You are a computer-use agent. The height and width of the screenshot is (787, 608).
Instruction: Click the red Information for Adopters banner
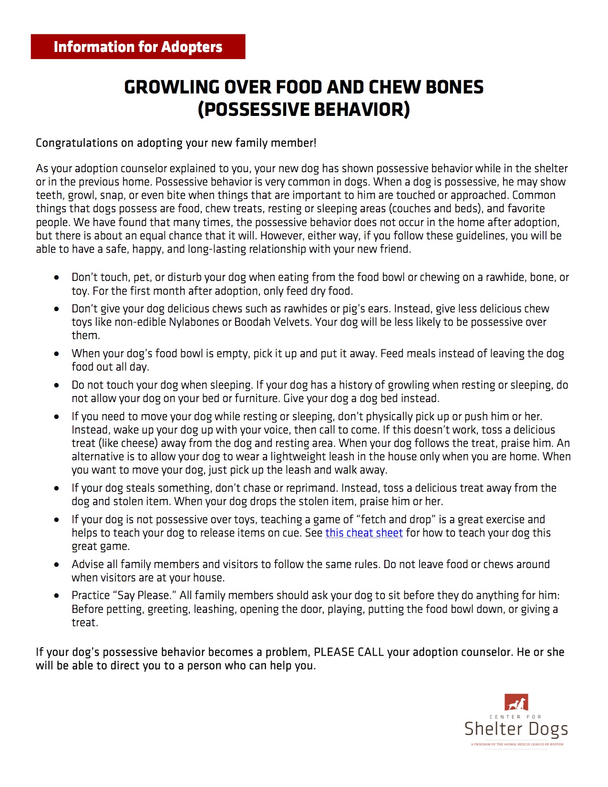[138, 47]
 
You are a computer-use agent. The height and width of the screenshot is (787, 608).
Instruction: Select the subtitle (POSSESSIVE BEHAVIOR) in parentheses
[304, 110]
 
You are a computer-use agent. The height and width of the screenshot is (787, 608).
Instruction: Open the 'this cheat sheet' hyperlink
[364, 533]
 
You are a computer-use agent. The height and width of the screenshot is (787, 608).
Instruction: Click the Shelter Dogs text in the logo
[516, 729]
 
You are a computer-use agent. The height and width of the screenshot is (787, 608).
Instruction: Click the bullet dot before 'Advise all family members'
[57, 565]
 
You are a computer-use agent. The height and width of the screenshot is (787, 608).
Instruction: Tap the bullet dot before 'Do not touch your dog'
[57, 385]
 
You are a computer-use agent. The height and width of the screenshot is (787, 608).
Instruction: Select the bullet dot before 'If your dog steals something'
[57, 488]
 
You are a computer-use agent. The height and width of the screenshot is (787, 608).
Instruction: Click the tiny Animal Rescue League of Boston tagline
[517, 744]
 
